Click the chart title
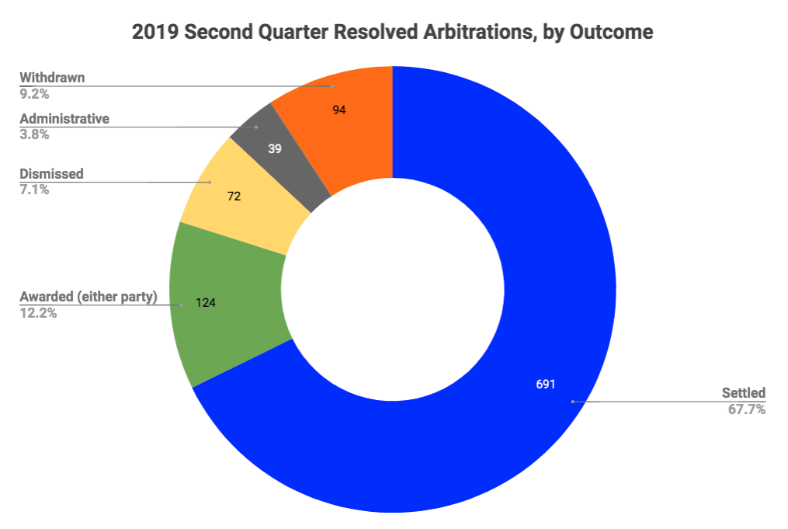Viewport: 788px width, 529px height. pyautogui.click(x=393, y=32)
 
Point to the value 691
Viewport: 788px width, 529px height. pyautogui.click(x=546, y=384)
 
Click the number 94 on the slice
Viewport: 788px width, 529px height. pyautogui.click(x=338, y=110)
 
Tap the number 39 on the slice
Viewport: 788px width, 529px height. pyautogui.click(x=275, y=148)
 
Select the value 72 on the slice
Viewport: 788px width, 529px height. pyautogui.click(x=234, y=197)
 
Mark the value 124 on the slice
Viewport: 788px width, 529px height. pyautogui.click(x=205, y=302)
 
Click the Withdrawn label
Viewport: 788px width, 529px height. pyautogui.click(x=52, y=78)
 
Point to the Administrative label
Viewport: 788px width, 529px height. pyautogui.click(x=64, y=119)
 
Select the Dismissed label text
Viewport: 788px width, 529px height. pyautogui.click(x=51, y=174)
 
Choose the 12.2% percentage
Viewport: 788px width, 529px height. pyautogui.click(x=37, y=314)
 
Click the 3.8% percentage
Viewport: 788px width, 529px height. pyautogui.click(x=34, y=134)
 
